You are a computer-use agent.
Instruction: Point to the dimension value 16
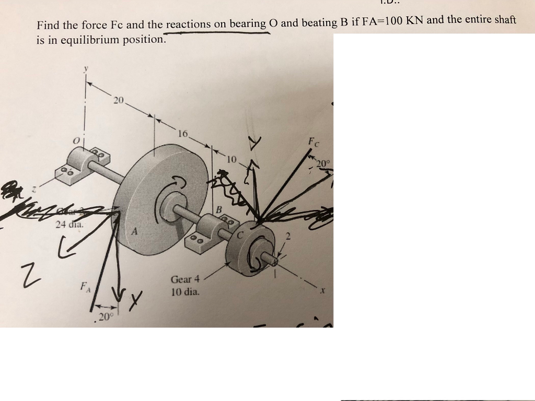coord(182,134)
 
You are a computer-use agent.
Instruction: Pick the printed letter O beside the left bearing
coord(76,141)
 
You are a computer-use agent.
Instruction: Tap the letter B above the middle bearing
coord(219,209)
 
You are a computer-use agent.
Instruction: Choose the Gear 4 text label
coord(185,279)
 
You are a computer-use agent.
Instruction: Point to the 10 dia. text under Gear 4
coord(185,292)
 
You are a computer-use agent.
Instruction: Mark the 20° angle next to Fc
coord(323,163)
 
